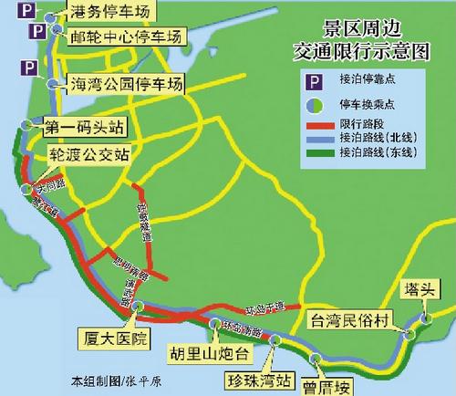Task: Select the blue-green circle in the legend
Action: point(316,103)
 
